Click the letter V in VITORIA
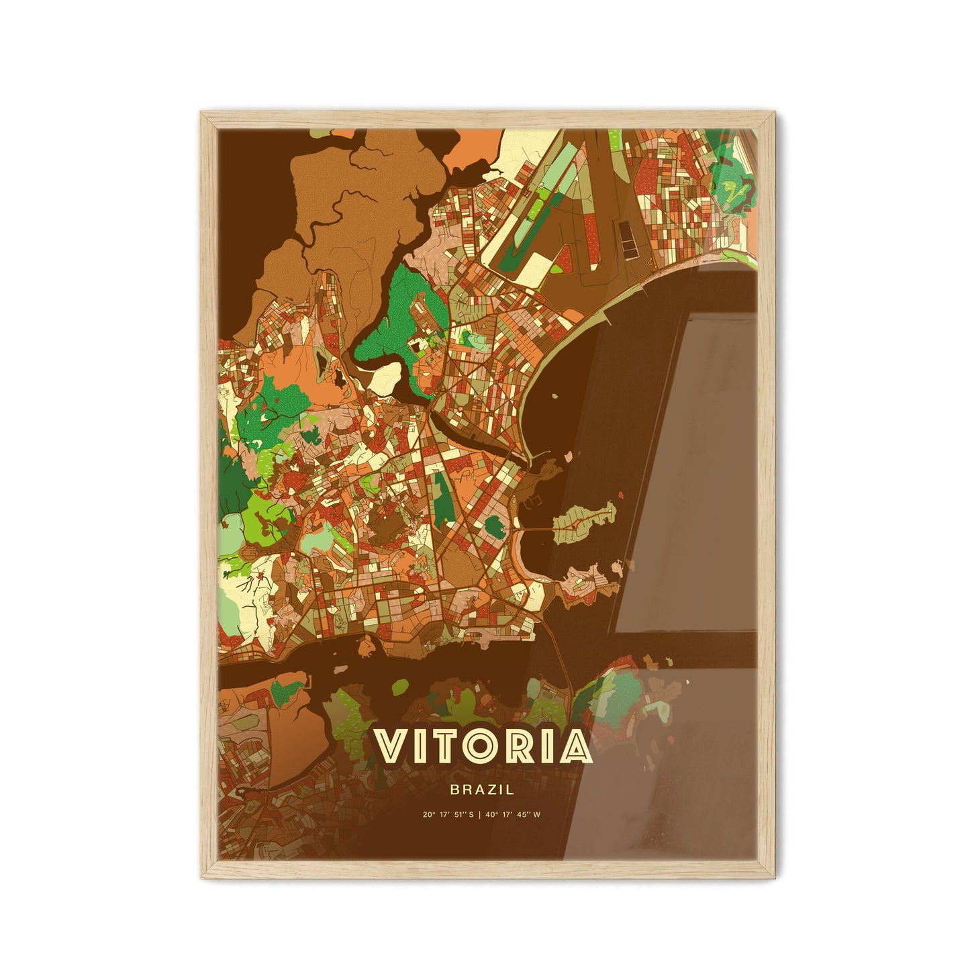(395, 746)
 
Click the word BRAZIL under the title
(482, 790)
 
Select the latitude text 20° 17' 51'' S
(448, 815)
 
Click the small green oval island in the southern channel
(400, 686)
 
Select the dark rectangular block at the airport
(629, 238)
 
